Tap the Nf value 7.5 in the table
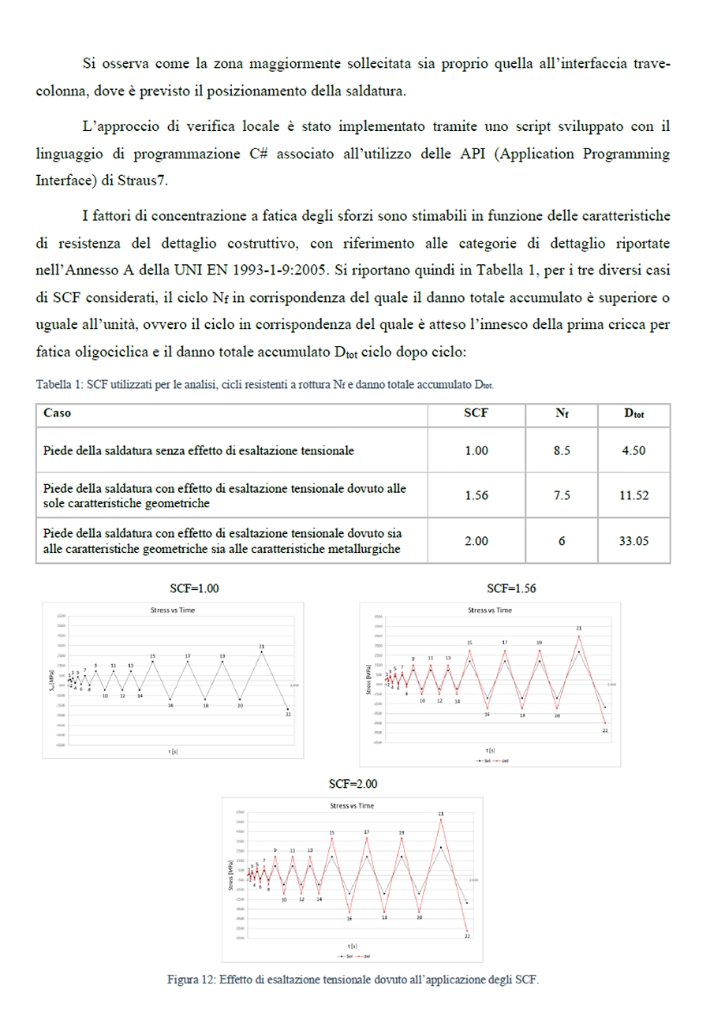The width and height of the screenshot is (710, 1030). [x=561, y=495]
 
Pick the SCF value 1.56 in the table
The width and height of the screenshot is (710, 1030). [x=477, y=495]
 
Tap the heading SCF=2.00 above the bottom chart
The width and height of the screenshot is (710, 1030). [x=353, y=784]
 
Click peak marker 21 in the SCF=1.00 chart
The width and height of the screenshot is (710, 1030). [x=261, y=652]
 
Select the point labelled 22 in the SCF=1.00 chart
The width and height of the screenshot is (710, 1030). [x=289, y=708]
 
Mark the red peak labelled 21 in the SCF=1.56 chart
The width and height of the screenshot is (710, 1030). [x=579, y=636]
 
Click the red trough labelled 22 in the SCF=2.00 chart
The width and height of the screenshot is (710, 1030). [x=467, y=931]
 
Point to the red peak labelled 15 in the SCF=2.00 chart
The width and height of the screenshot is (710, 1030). [x=331, y=838]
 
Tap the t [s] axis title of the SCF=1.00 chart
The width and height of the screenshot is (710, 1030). [x=172, y=752]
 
